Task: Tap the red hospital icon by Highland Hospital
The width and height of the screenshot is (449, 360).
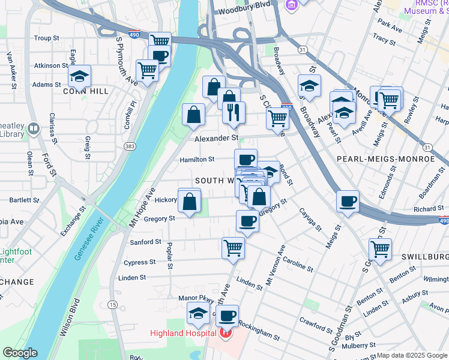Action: point(226,333)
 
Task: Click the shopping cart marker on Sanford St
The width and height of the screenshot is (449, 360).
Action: point(233,247)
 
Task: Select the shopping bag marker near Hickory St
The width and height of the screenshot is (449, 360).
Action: point(190,201)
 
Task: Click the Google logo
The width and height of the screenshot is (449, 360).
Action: point(19,353)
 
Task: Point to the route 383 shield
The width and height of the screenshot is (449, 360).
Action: point(130,146)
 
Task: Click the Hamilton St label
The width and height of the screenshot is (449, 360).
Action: point(197,160)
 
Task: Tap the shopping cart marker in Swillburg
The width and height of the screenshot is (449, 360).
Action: point(380,248)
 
